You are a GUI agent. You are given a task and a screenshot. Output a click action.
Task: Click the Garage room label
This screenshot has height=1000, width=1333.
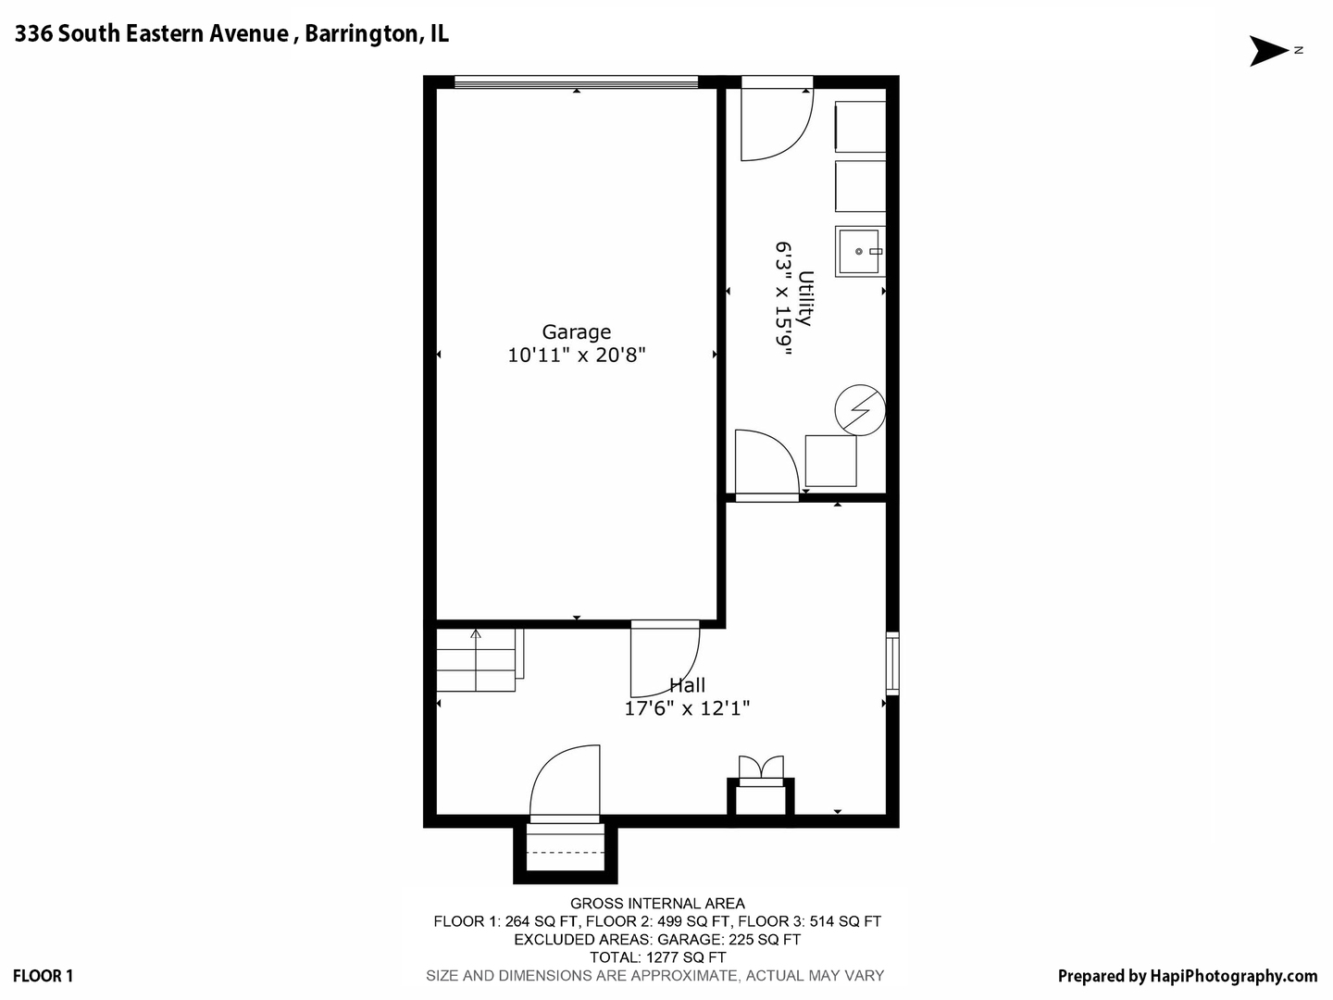[x=576, y=331]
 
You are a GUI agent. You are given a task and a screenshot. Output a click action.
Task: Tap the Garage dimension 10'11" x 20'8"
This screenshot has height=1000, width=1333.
[x=576, y=355]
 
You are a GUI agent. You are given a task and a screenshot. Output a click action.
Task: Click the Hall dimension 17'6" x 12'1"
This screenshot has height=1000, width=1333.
[x=687, y=708]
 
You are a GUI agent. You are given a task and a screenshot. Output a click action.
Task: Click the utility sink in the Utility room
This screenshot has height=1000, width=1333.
[x=860, y=251]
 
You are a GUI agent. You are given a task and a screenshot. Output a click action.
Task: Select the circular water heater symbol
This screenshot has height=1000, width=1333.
[x=860, y=409]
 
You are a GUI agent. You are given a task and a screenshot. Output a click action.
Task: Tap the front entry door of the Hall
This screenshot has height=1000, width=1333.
[x=565, y=782]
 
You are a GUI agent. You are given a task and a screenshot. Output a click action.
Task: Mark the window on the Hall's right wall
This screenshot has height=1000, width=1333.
[x=891, y=663]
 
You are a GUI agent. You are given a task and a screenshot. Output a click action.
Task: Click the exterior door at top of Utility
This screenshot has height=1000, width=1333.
[x=777, y=119]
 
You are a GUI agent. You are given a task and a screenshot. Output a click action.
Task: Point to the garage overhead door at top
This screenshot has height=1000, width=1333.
[x=576, y=82]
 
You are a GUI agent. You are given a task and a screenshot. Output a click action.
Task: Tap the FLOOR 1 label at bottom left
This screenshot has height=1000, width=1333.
[x=44, y=976]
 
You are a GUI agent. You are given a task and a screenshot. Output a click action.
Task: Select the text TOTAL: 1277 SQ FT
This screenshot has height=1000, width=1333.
[x=657, y=957]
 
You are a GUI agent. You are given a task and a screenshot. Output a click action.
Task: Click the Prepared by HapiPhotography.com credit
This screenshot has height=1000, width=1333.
[x=1187, y=976]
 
